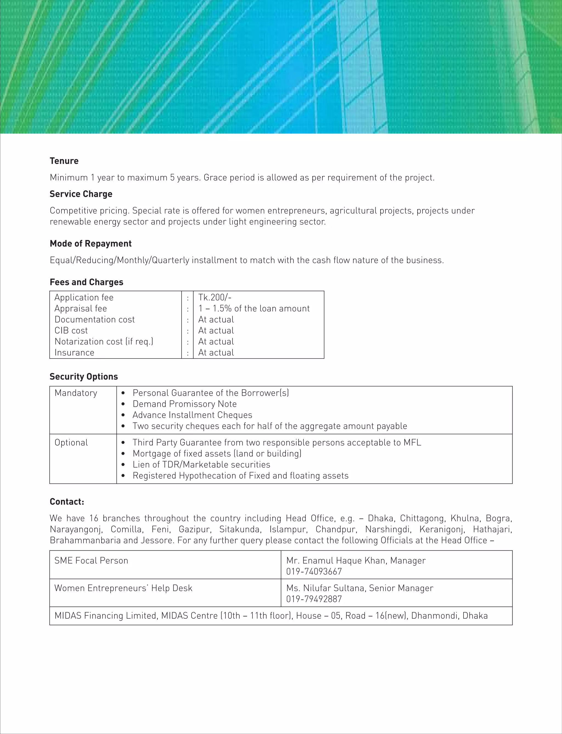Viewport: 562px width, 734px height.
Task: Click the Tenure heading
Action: [x=64, y=161]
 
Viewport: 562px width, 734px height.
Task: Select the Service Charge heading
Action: [x=81, y=194]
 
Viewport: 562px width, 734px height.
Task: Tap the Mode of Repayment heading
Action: [x=91, y=243]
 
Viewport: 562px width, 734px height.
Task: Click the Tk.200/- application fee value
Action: [x=215, y=297]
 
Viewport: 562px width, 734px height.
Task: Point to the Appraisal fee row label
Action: [x=81, y=309]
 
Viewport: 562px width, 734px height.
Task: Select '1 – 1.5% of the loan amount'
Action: [x=254, y=309]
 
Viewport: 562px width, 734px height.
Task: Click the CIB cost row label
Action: [x=71, y=330]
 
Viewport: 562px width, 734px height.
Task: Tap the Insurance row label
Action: [x=74, y=353]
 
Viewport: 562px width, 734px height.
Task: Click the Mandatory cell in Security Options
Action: [x=76, y=393]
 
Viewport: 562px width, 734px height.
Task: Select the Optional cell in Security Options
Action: [x=71, y=442]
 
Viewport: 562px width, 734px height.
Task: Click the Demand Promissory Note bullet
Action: [x=184, y=404]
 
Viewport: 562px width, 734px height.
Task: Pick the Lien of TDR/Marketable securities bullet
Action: [x=201, y=464]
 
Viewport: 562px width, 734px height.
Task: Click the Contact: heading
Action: [x=67, y=502]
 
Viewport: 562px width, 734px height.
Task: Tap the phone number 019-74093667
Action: [x=314, y=571]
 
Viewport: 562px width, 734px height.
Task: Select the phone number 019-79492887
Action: [x=314, y=599]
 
